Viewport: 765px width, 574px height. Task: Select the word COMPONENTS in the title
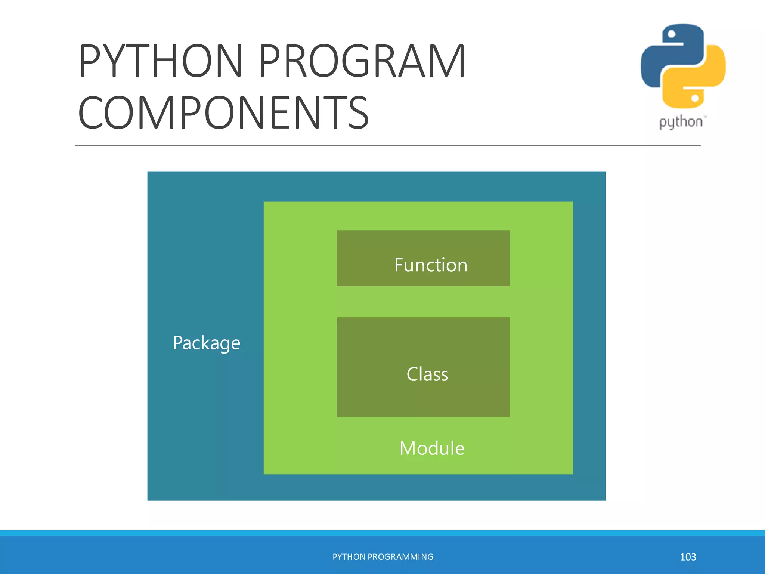[x=223, y=112]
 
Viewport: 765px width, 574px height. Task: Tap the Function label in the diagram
[x=431, y=265]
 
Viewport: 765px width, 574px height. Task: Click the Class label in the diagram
[x=427, y=374]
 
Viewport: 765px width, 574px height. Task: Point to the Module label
[x=432, y=448]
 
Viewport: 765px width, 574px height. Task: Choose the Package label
[x=206, y=343]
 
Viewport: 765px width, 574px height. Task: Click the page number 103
[x=688, y=557]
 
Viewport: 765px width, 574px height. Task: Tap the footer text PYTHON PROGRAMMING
[x=382, y=557]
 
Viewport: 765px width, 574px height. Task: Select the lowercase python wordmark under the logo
[x=681, y=122]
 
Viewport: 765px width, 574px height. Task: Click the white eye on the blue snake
[x=671, y=34]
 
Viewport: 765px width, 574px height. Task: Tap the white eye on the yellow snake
[x=695, y=98]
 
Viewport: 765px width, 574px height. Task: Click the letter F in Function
[x=399, y=265]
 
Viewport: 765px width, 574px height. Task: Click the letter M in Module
[x=408, y=448]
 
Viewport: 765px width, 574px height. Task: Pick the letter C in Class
[x=412, y=374]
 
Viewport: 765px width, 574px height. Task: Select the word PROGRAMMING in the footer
[x=400, y=557]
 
